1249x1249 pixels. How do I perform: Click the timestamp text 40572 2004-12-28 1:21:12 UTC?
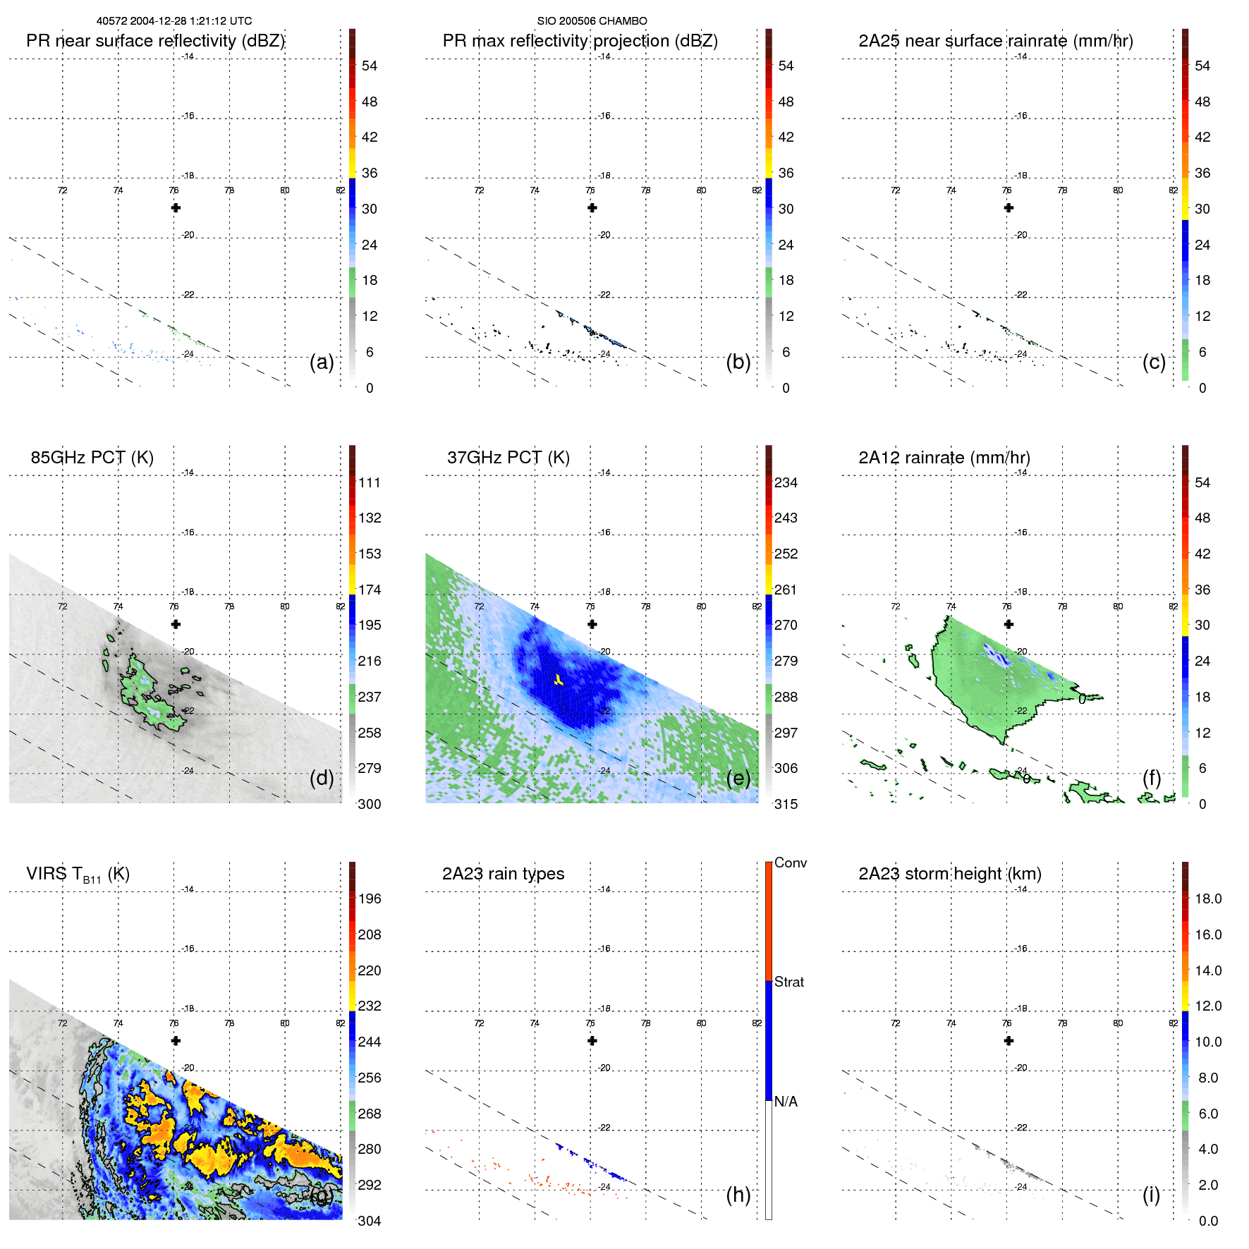[x=173, y=21]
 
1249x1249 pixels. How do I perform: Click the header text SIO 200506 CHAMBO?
[x=592, y=21]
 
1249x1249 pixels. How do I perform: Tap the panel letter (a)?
[x=322, y=362]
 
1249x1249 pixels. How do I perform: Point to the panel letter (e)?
[x=738, y=778]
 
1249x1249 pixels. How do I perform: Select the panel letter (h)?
[x=738, y=1194]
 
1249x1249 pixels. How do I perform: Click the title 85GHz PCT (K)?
[x=92, y=457]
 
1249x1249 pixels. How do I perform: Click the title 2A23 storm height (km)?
[x=949, y=874]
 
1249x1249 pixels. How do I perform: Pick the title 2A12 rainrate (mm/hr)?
[x=944, y=457]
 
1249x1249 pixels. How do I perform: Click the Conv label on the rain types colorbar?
[x=791, y=863]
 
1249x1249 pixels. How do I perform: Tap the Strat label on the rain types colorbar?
[x=789, y=982]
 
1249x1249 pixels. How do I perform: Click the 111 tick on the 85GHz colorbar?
[x=370, y=482]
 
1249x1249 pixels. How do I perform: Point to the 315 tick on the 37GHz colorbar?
[x=786, y=804]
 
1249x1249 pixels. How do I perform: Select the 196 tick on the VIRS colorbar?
[x=370, y=898]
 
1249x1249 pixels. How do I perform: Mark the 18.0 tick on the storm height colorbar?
[x=1208, y=898]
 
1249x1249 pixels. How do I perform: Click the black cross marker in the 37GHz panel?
[x=592, y=624]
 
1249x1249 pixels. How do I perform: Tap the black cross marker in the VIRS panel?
[x=176, y=1040]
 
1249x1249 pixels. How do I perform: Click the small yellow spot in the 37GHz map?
[x=558, y=681]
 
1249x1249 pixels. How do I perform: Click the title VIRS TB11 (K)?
[x=78, y=875]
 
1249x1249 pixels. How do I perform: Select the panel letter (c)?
[x=1154, y=362]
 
